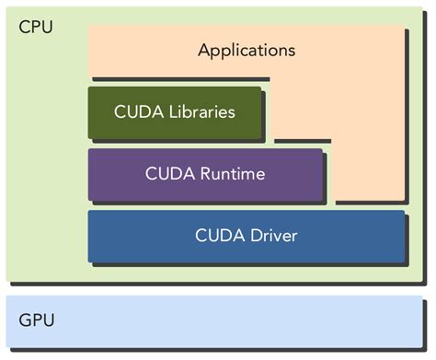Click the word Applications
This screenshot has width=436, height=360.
tap(247, 50)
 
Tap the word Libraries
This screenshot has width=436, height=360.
tap(199, 112)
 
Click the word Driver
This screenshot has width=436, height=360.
tap(272, 235)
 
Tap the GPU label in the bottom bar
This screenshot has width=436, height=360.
tap(36, 320)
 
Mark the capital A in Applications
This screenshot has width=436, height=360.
tap(204, 50)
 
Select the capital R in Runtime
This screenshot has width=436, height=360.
tap(205, 173)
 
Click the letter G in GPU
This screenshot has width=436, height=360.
tap(25, 320)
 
